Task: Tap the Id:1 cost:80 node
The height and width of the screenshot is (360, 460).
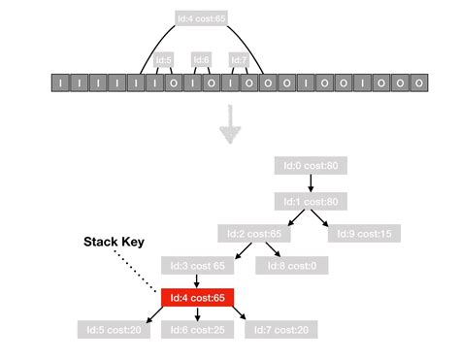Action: click(310, 201)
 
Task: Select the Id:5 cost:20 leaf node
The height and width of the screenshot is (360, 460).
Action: click(113, 331)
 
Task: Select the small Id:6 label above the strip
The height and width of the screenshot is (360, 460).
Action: click(201, 59)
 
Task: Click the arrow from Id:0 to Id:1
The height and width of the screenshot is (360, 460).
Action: click(310, 184)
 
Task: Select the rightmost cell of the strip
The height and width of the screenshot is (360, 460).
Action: click(417, 84)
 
